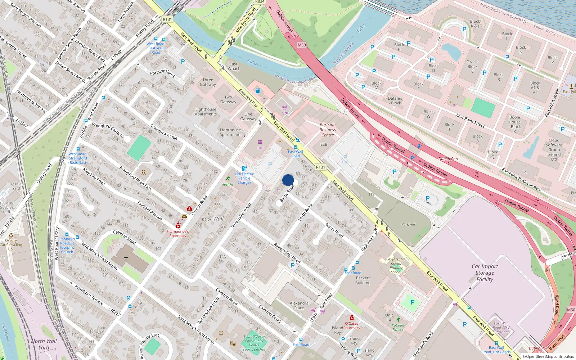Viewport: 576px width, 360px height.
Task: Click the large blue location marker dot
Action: point(288,180)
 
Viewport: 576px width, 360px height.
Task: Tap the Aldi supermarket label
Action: point(284,113)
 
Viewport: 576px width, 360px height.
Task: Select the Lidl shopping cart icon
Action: point(260,142)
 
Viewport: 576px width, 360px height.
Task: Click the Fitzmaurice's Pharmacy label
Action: point(178,234)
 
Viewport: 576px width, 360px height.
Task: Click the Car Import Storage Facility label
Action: point(485,273)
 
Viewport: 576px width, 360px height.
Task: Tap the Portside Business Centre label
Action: point(328,130)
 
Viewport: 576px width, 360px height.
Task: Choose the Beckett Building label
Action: point(363,280)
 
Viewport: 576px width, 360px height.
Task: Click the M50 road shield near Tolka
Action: point(302,45)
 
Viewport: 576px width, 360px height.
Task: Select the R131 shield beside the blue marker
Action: point(320,167)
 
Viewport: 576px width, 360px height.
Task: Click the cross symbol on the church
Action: point(126,258)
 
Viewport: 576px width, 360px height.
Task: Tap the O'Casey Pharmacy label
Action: point(351,326)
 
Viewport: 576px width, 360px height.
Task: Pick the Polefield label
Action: point(408,224)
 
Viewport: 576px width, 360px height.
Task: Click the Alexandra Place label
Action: point(299,306)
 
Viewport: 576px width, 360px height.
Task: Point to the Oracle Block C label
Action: point(472,67)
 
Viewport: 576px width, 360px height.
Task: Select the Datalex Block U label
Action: point(395,103)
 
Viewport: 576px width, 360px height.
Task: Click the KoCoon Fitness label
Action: point(398,327)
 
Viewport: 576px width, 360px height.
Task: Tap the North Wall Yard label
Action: point(44,344)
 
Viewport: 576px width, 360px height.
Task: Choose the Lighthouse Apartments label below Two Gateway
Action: point(230,132)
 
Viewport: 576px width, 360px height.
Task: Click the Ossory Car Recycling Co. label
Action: point(11,245)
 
